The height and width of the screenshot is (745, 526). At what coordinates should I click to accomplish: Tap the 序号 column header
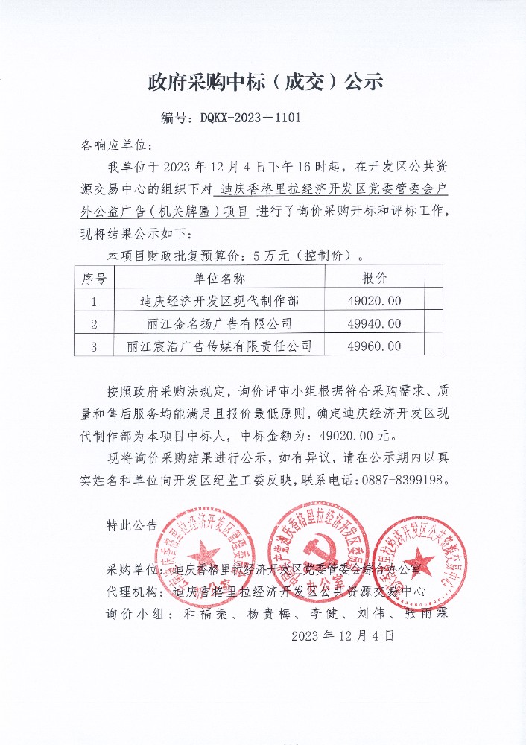click(x=94, y=279)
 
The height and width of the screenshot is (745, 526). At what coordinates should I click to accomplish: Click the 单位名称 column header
click(x=219, y=279)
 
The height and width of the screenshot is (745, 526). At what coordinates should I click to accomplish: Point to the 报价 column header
click(x=374, y=279)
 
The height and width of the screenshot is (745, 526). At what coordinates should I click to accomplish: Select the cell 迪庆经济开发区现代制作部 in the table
click(x=219, y=301)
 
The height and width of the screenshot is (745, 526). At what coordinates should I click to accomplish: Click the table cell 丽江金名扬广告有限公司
click(x=219, y=323)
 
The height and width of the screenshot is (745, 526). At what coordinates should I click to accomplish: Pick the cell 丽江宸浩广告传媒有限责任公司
click(x=219, y=346)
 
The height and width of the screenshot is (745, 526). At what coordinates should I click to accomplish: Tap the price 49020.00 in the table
click(x=374, y=301)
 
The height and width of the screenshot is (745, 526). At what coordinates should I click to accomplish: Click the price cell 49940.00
click(x=374, y=323)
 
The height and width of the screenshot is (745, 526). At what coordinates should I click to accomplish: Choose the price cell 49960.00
click(x=374, y=346)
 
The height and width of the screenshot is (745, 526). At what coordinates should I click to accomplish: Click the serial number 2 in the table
click(x=94, y=324)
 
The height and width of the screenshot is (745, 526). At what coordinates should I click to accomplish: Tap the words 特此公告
click(x=132, y=524)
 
